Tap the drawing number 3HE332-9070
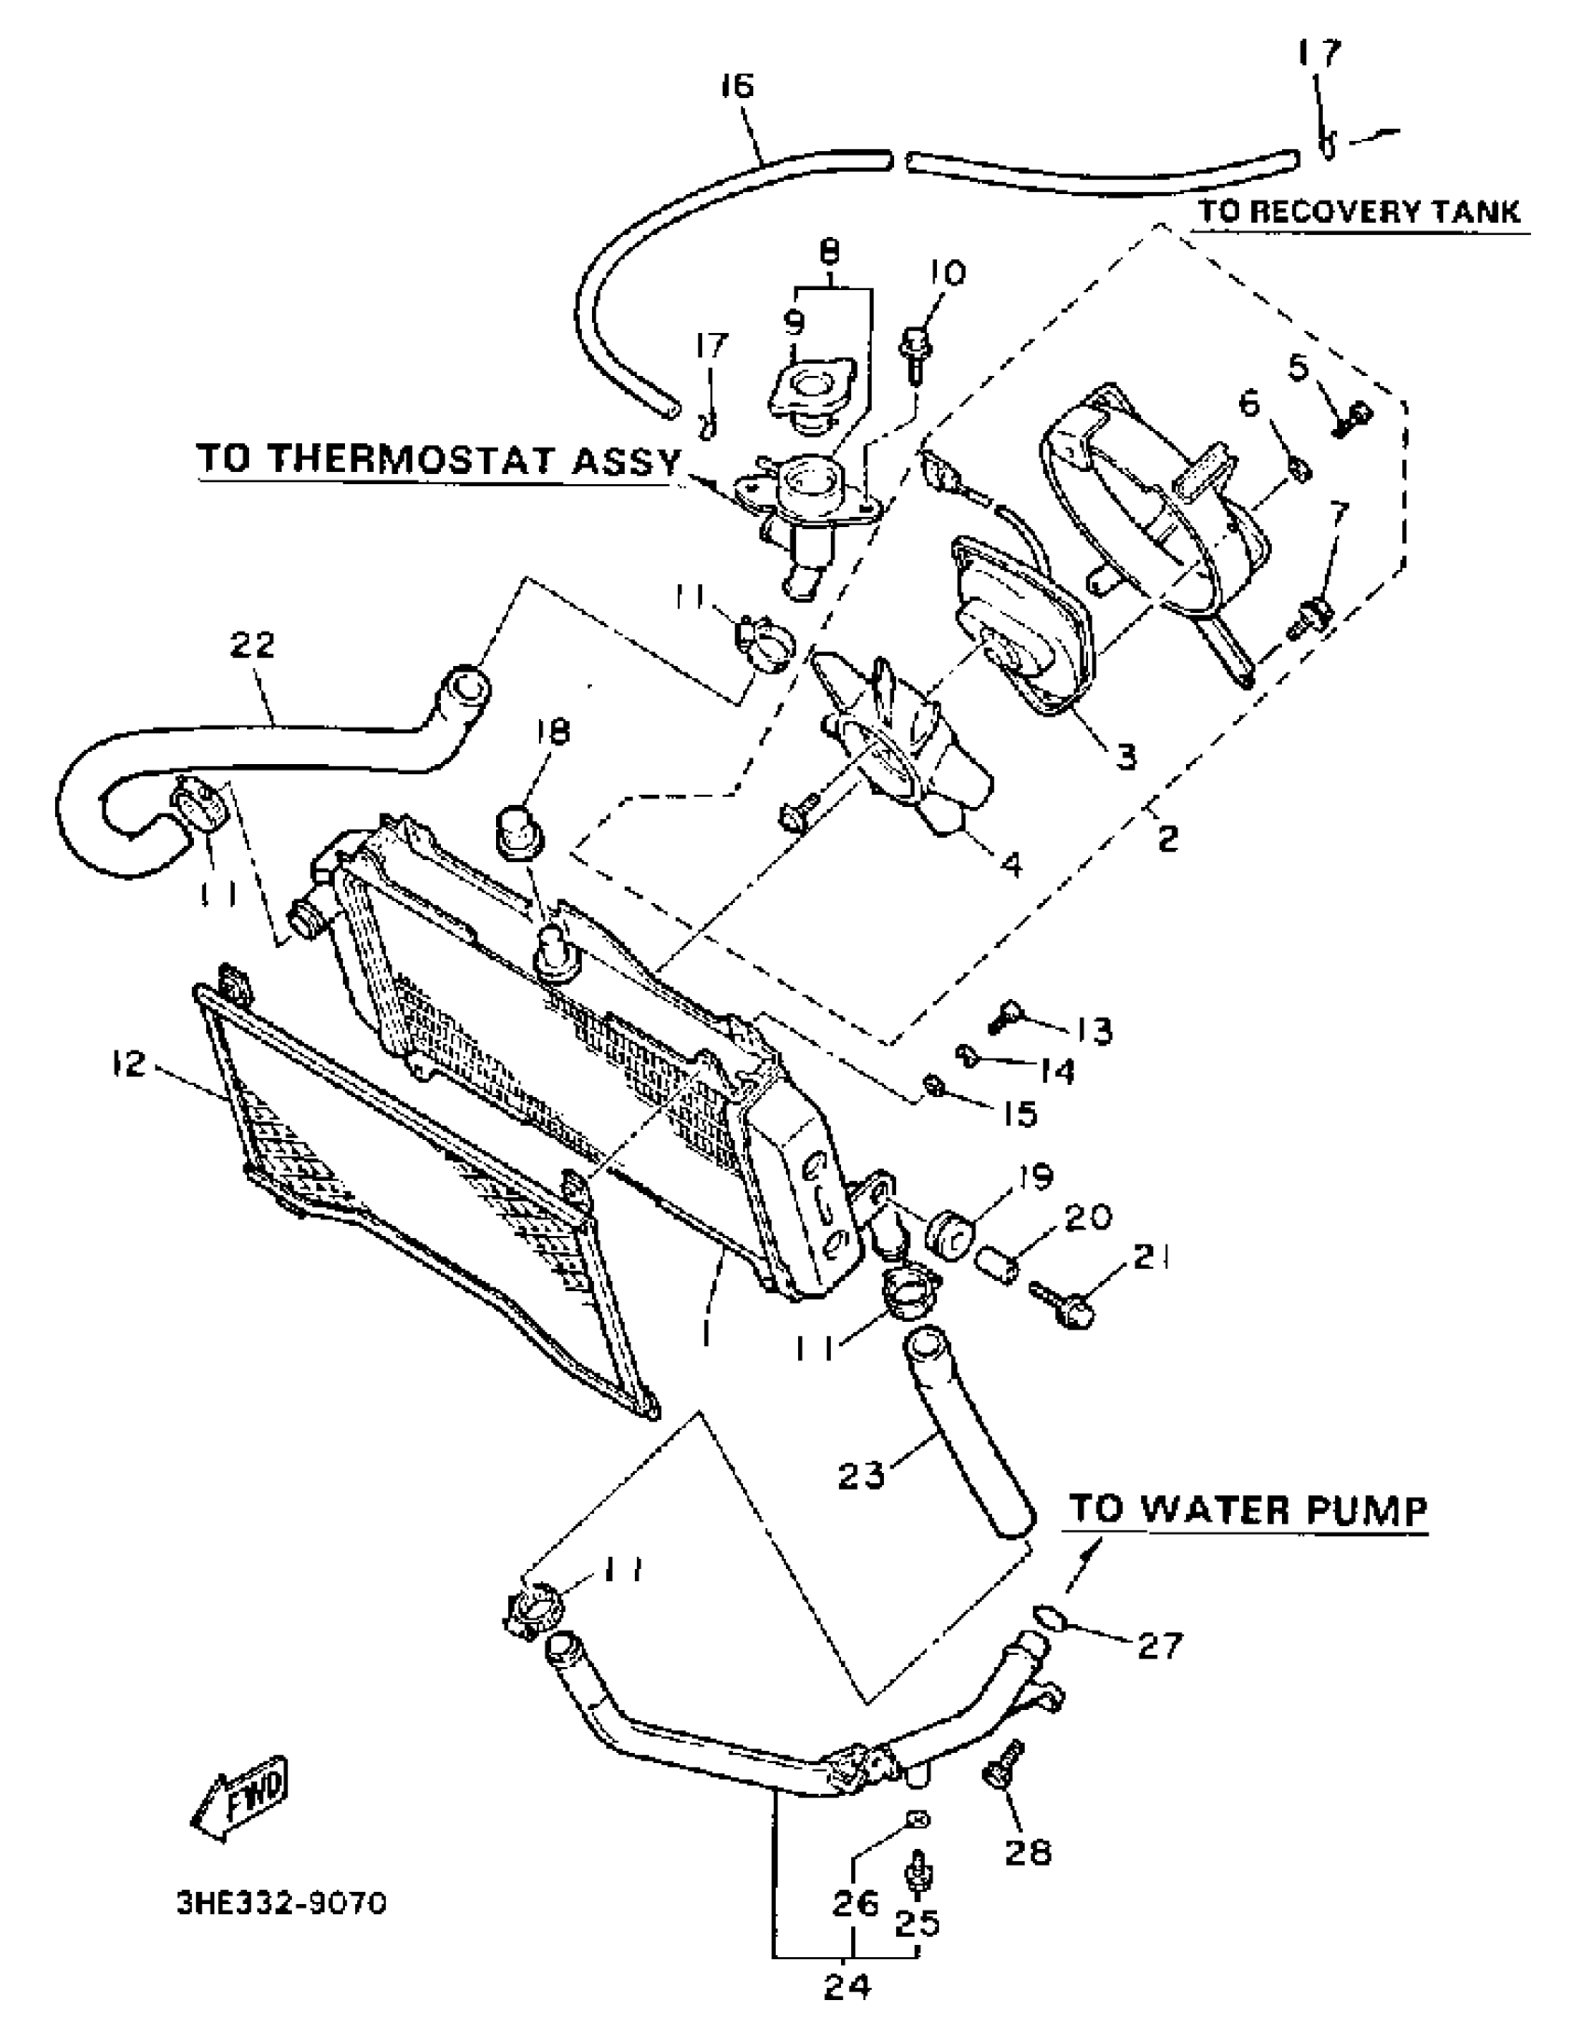281,1904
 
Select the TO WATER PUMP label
1247,1509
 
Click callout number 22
253,645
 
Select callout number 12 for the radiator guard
129,1063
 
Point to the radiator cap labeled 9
808,394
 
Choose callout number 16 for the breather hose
737,86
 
